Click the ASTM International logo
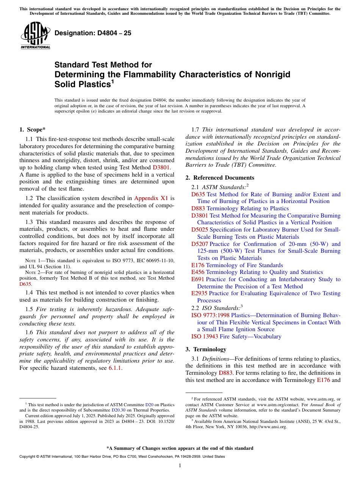click(x=35, y=36)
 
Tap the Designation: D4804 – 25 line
click(x=93, y=33)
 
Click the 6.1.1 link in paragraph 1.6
click(x=115, y=368)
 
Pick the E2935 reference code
click(x=199, y=293)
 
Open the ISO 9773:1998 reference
click(x=210, y=315)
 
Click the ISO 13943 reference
click(x=204, y=336)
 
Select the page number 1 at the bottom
click(x=180, y=466)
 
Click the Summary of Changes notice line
click(x=180, y=448)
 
